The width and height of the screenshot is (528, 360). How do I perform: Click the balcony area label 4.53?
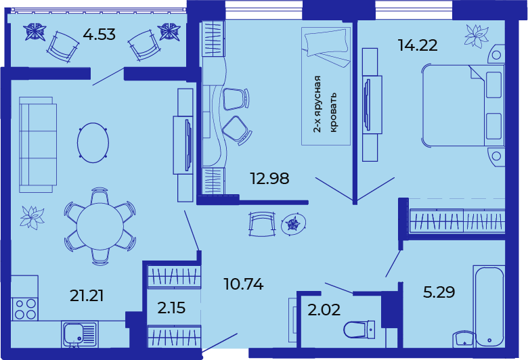click(100, 35)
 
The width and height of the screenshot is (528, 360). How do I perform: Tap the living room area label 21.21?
click(87, 295)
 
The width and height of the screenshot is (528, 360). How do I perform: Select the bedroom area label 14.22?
click(418, 45)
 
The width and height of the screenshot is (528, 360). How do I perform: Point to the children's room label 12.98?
click(269, 178)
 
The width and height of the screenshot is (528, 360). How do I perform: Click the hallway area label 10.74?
click(244, 284)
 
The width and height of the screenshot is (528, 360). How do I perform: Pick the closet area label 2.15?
click(171, 308)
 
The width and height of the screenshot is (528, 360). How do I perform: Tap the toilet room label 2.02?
click(324, 310)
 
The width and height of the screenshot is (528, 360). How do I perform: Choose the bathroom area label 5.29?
click(439, 292)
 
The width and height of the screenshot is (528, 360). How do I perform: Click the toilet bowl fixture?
click(359, 330)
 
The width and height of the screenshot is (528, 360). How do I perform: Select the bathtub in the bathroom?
click(489, 307)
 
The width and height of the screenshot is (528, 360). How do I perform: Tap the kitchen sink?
click(80, 334)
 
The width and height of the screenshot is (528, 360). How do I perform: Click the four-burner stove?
click(24, 309)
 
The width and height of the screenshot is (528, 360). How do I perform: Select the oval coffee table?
click(93, 143)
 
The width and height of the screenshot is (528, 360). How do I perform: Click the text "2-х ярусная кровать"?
click(325, 104)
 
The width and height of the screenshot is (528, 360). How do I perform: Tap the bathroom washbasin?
click(464, 339)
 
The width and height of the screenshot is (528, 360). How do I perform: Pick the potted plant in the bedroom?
click(476, 35)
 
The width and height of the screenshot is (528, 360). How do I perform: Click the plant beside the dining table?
click(32, 217)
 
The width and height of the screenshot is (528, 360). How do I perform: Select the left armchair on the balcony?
click(63, 47)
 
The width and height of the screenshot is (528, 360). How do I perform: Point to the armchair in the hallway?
click(263, 224)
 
